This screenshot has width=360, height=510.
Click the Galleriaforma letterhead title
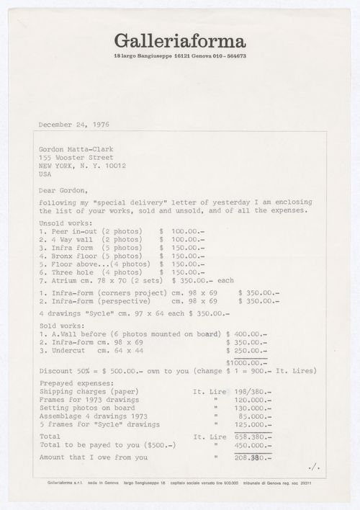point(179,41)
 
